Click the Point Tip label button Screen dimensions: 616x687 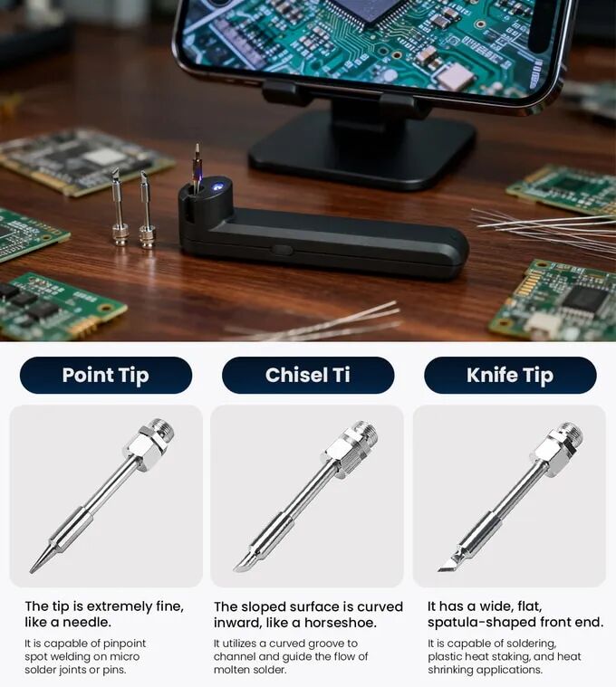point(106,375)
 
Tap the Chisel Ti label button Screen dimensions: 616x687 point(308,375)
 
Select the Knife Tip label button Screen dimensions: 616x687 point(510,375)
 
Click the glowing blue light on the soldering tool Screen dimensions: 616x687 point(217,186)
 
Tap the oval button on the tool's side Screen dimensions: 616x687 point(282,250)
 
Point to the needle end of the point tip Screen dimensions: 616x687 point(32,570)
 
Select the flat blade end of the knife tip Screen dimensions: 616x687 point(448,567)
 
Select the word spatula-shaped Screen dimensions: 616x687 point(481,623)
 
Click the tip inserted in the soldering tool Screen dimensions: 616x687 point(197,167)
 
